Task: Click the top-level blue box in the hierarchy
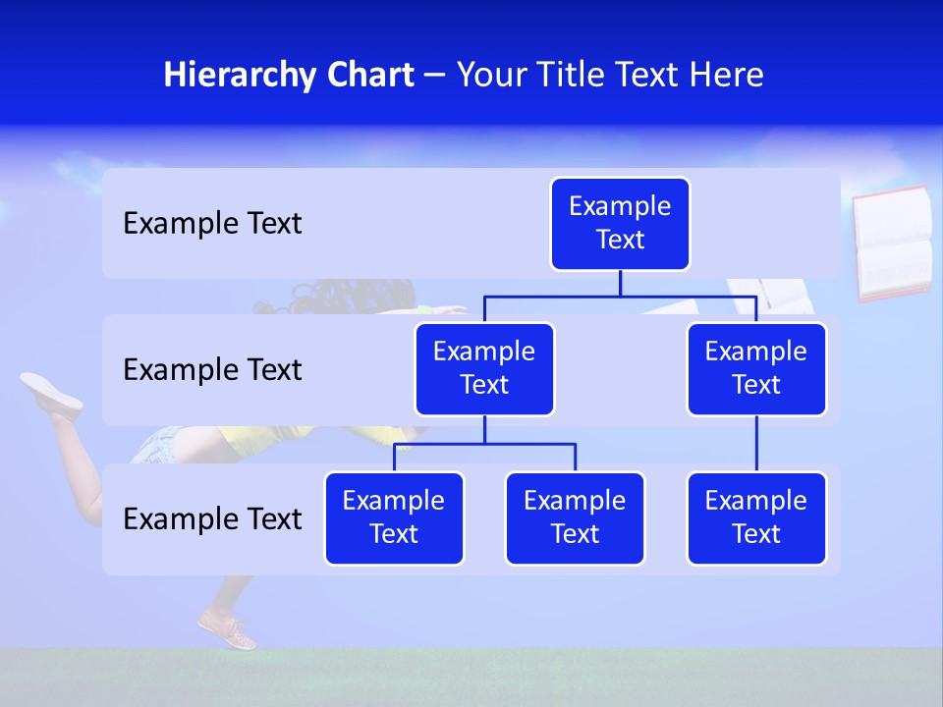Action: pyautogui.click(x=620, y=224)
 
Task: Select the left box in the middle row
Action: pyautogui.click(x=484, y=369)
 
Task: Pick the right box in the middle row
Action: pyautogui.click(x=756, y=369)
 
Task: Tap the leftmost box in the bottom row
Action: pyautogui.click(x=394, y=518)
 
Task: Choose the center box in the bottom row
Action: pyautogui.click(x=575, y=518)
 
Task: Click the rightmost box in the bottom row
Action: pyautogui.click(x=756, y=518)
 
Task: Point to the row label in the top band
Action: pyautogui.click(x=212, y=224)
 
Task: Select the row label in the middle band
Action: pyautogui.click(x=212, y=370)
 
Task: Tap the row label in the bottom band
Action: pyautogui.click(x=212, y=518)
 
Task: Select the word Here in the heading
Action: pyautogui.click(x=728, y=75)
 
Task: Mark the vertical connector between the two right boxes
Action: pyautogui.click(x=756, y=444)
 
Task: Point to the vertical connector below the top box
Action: pyautogui.click(x=620, y=283)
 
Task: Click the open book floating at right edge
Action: pyautogui.click(x=892, y=243)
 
